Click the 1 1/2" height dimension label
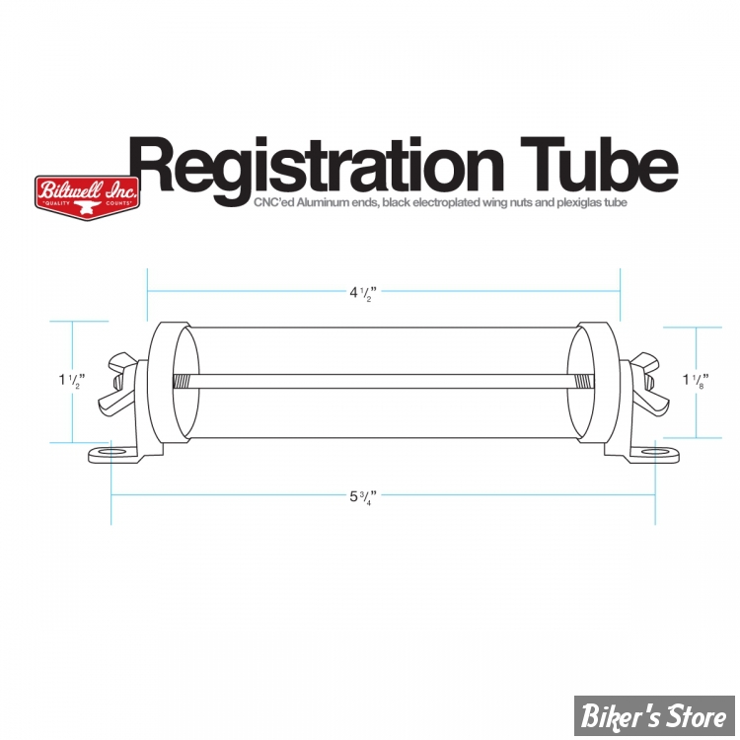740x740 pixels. [72, 381]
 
